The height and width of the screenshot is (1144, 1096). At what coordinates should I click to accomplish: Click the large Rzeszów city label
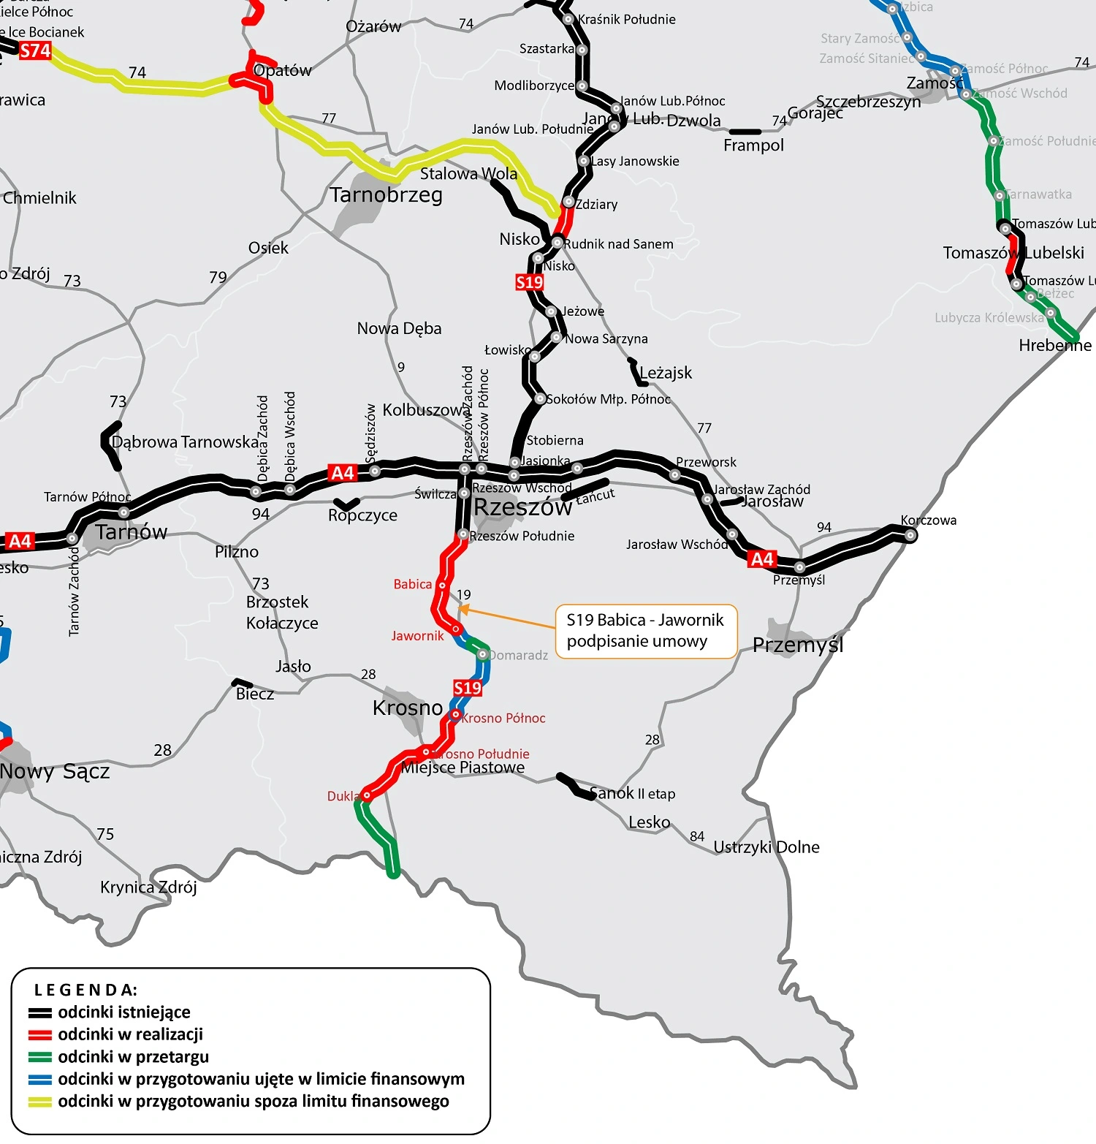tap(522, 507)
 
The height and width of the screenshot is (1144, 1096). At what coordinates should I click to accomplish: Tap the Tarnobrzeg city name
tap(386, 195)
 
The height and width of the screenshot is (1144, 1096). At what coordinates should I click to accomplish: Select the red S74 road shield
tap(35, 50)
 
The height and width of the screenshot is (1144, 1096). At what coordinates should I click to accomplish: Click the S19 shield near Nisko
tap(530, 282)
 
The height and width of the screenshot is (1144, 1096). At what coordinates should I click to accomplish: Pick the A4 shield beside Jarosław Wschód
tap(761, 559)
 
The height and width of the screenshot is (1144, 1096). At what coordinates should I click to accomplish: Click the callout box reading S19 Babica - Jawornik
tap(646, 631)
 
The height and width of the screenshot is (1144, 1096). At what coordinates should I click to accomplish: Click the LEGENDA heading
tap(85, 990)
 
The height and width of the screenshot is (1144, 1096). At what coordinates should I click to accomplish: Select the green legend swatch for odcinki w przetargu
tap(40, 1057)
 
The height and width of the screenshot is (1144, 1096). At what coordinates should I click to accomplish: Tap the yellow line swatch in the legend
tap(40, 1102)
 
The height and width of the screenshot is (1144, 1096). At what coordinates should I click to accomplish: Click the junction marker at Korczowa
tap(910, 535)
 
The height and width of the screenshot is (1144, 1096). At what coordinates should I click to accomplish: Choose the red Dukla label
tap(342, 796)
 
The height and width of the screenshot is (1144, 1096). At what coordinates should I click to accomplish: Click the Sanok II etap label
tap(633, 793)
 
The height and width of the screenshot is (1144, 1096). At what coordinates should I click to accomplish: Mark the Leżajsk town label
tap(666, 373)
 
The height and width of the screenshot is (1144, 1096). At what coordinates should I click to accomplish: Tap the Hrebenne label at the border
tap(1054, 345)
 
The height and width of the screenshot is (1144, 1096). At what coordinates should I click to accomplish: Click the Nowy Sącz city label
tap(55, 771)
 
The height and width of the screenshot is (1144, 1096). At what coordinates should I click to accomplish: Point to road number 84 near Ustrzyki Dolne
tap(697, 836)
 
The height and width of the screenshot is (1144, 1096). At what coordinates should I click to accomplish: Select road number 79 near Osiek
tap(218, 277)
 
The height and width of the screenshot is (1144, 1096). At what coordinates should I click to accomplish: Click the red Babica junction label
tap(413, 584)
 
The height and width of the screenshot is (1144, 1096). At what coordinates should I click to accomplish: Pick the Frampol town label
tap(753, 145)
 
